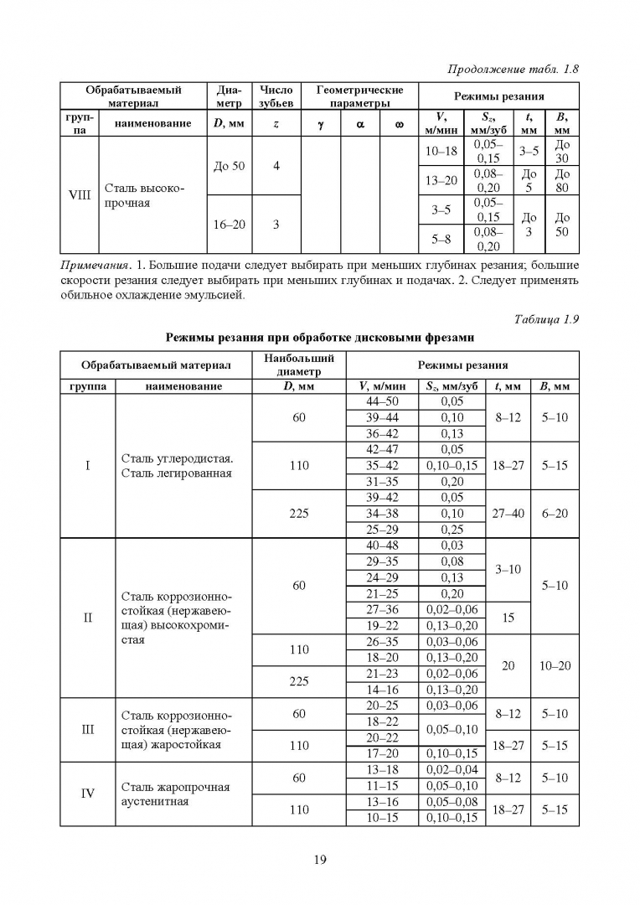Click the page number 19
pos(319,859)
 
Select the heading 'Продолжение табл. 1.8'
pos(514,69)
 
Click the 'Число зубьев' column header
pos(276,96)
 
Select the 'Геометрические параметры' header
pos(359,96)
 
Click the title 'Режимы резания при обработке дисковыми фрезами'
pos(319,338)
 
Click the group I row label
pos(88,466)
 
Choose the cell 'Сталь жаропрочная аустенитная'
pos(176,794)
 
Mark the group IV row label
pos(88,794)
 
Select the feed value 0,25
pos(452,530)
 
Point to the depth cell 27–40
pos(508,514)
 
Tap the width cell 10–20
pos(555,665)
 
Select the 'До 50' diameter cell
pos(229,166)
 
